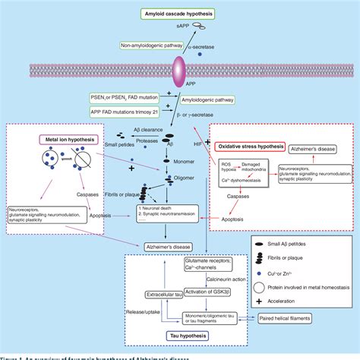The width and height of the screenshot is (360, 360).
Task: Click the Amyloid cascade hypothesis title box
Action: [x=180, y=14]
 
